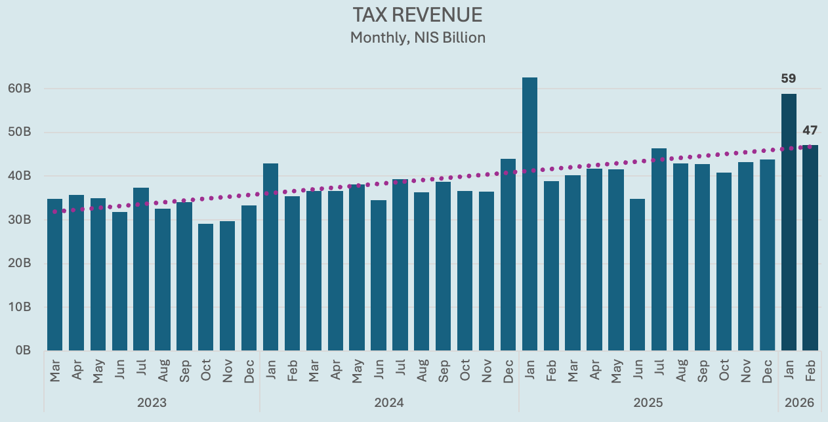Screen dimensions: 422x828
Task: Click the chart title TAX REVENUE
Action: coord(417,15)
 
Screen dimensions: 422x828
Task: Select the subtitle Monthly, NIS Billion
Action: coord(417,37)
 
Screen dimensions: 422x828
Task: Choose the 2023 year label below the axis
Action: coord(152,402)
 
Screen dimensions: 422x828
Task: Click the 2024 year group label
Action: coord(389,402)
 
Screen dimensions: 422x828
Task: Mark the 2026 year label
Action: coord(799,402)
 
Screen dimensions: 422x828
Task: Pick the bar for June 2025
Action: coord(638,275)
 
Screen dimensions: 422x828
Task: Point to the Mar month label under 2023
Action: coord(55,370)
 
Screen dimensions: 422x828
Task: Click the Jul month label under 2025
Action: coord(659,370)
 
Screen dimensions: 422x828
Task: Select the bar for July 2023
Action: coord(141,269)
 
